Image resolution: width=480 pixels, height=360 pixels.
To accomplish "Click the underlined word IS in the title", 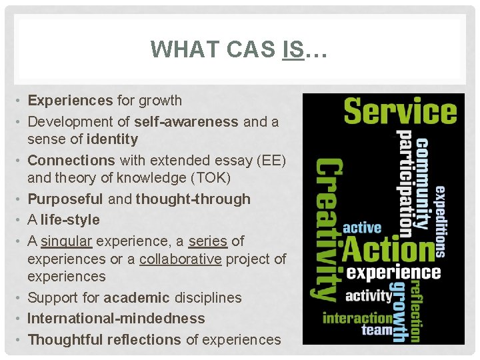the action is point(292,49).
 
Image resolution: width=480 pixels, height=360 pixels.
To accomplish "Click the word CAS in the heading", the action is point(250,49).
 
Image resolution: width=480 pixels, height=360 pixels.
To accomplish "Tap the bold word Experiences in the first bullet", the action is point(70,101).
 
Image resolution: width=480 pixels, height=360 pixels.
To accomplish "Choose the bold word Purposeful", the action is point(65,199).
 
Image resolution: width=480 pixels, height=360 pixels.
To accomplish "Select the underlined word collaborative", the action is point(180,259).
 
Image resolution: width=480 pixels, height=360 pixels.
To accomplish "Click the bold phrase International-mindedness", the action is point(116,319).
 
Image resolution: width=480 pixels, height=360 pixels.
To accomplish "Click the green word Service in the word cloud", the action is point(400,111).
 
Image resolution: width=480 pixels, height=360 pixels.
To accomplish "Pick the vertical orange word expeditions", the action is point(441,223).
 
